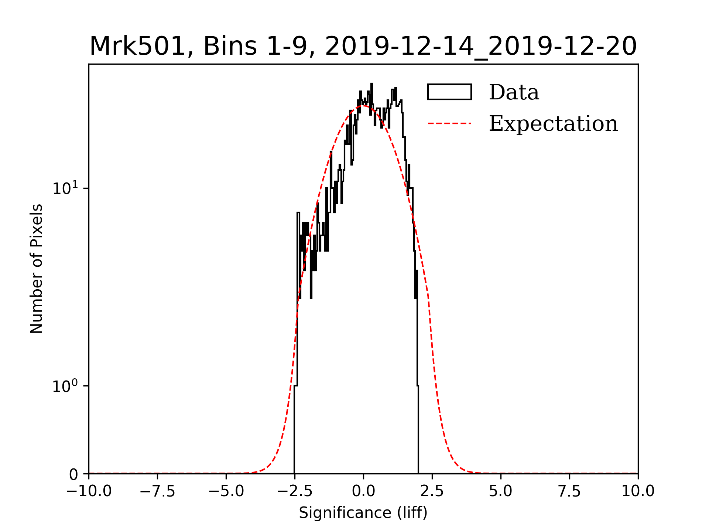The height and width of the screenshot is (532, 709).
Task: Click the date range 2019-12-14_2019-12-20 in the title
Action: [x=480, y=47]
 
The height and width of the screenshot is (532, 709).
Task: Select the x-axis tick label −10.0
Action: [x=89, y=491]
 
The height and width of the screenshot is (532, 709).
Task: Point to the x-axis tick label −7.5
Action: [x=158, y=491]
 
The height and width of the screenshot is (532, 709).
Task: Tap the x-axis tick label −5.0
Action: [x=226, y=491]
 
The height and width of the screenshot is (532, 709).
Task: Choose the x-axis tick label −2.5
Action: [x=295, y=491]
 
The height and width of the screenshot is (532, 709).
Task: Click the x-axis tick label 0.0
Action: [x=363, y=491]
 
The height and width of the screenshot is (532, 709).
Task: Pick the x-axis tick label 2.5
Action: [x=432, y=491]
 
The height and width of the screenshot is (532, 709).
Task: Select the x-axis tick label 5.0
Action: [x=501, y=491]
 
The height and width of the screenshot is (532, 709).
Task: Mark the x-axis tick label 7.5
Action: [x=569, y=491]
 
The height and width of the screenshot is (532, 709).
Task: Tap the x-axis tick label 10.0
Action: [x=638, y=491]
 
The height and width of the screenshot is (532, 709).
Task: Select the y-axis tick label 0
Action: [x=73, y=474]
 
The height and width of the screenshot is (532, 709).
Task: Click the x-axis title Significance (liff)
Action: [x=363, y=513]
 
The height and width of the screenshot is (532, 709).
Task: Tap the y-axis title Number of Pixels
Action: [x=37, y=269]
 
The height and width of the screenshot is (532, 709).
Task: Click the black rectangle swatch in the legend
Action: [x=449, y=92]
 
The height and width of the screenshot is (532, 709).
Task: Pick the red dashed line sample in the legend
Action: [x=449, y=123]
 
